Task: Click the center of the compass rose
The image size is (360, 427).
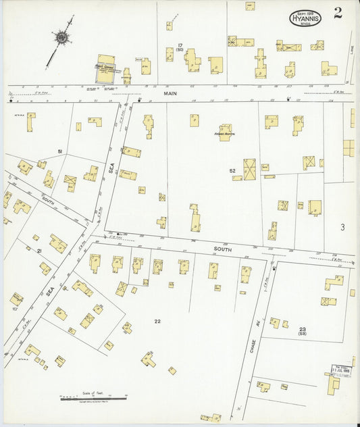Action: pos(61,38)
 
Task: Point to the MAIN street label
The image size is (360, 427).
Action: pos(170,94)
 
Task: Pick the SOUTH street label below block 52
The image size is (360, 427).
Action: pos(223,249)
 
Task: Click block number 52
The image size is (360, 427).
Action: pos(232,171)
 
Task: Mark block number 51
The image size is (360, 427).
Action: pos(60,151)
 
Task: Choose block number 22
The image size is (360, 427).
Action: pos(157,321)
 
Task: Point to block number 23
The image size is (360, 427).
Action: pos(303,329)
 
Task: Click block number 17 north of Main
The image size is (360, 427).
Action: pos(180,46)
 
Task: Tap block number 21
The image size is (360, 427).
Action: pos(39,251)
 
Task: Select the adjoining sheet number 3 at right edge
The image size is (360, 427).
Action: pos(342,226)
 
